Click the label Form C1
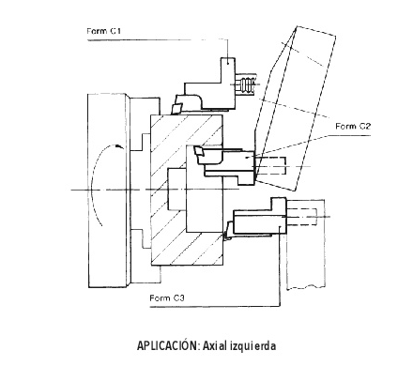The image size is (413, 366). coord(104,31)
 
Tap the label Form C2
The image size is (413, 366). coord(353,126)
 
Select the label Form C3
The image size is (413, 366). coord(167,297)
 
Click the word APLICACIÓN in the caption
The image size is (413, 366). coord(168,345)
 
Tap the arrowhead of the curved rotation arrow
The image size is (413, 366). coord(118,145)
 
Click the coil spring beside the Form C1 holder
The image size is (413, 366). coord(247,84)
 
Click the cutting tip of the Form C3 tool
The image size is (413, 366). coord(228,232)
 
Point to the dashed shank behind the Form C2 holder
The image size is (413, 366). coord(270,166)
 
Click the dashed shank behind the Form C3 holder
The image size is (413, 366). coord(301,216)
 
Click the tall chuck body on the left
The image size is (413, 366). coord(108,191)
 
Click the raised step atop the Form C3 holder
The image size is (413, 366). coord(279,205)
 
